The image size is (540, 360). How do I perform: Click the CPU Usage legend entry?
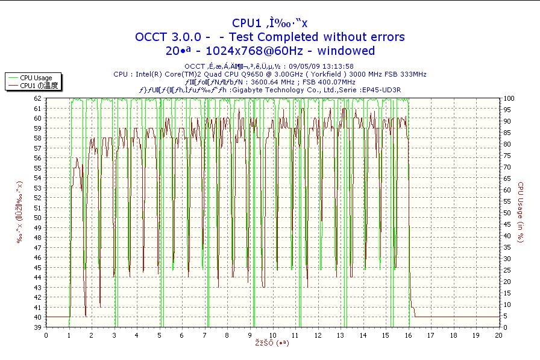(36, 78)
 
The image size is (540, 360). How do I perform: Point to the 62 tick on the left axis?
(37, 98)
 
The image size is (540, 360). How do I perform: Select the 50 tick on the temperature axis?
(37, 217)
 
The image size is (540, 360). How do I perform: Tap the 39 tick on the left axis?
(37, 327)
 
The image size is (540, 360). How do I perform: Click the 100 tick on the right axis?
(509, 98)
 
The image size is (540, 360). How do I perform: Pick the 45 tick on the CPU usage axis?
(507, 224)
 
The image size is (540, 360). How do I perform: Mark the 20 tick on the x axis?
(498, 335)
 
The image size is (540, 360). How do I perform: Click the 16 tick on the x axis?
(408, 335)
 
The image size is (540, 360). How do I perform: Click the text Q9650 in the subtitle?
(240, 74)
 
